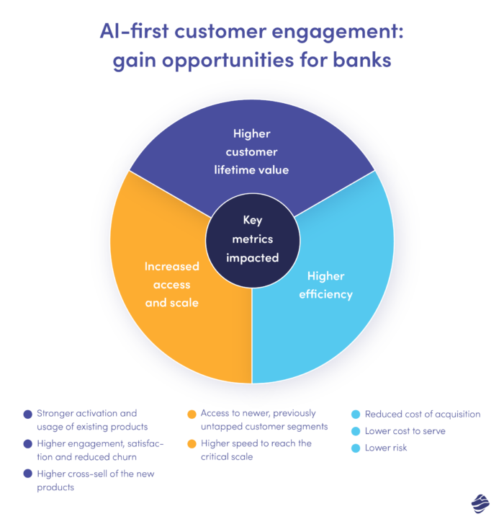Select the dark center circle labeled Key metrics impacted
[x=251, y=238]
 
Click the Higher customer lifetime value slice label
[x=251, y=151]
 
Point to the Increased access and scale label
[x=171, y=284]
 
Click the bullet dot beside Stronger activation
[x=28, y=415]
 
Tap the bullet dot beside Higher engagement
[x=28, y=444]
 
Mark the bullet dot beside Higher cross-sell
[x=28, y=474]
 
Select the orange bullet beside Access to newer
[x=192, y=415]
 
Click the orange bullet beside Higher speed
[x=192, y=444]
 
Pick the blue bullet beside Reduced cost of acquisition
[x=355, y=415]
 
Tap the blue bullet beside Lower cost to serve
[x=355, y=431]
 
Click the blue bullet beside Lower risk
[x=355, y=448]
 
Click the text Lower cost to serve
[x=405, y=431]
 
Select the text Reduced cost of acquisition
[x=423, y=415]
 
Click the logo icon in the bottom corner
[x=480, y=503]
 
